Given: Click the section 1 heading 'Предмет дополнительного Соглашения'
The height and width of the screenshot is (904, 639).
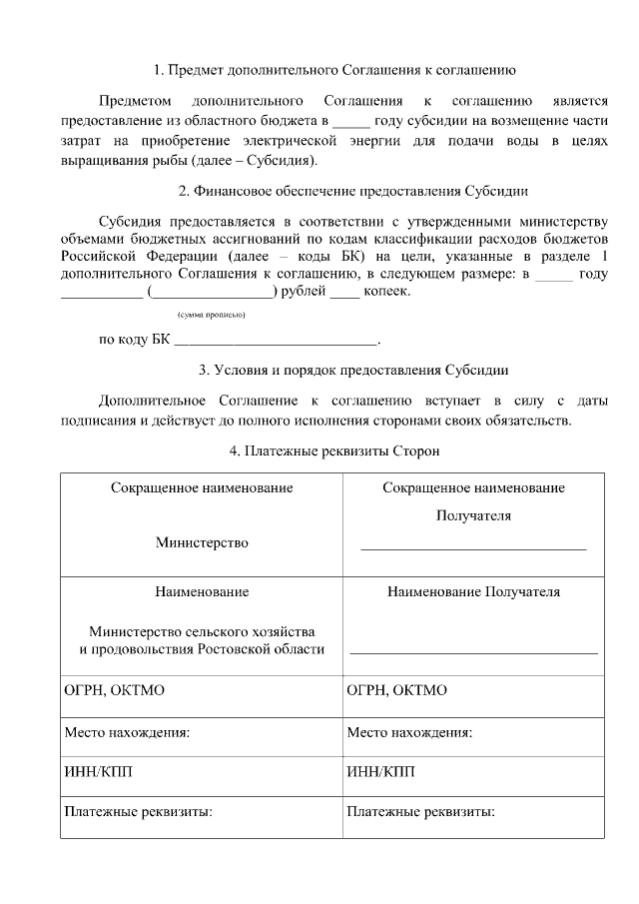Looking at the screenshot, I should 334,71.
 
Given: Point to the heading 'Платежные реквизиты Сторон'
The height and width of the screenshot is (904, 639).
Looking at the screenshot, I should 334,451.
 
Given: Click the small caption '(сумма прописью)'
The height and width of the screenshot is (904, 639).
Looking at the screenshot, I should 211,315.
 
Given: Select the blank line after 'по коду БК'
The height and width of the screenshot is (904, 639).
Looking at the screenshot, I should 277,341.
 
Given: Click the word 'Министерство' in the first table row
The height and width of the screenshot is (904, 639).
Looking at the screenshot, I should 202,543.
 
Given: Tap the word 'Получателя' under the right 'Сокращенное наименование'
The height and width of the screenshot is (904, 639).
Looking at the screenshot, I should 473,516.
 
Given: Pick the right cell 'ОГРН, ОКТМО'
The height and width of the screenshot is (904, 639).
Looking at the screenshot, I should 397,690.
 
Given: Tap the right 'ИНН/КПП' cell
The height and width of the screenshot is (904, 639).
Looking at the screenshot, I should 380,772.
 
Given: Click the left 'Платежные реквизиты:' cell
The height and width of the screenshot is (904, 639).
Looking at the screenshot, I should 139,812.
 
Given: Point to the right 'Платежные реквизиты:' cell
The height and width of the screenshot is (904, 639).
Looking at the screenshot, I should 421,812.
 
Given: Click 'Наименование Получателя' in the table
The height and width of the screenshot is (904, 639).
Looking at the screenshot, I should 473,591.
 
